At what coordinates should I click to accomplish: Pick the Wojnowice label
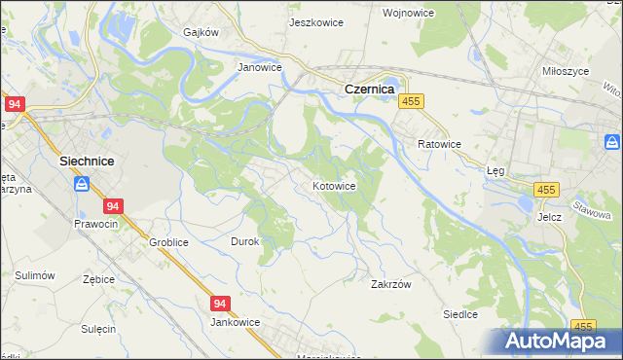coord(435,13)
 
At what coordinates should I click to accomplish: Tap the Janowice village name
coord(260,68)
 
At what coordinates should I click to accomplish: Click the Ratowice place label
coord(439,144)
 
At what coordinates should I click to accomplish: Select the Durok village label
coord(244,240)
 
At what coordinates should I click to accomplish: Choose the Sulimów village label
coord(34,276)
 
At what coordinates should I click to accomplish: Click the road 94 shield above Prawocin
coord(114,206)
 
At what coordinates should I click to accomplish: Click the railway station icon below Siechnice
coord(83,182)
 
